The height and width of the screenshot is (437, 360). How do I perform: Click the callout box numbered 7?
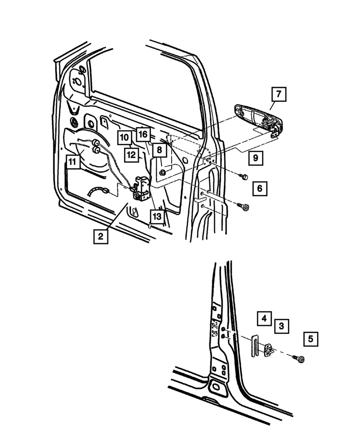[279, 95]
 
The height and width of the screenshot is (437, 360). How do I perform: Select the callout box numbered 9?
[255, 158]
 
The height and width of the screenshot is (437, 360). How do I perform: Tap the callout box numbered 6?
[259, 188]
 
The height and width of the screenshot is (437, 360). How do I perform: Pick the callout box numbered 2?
[101, 237]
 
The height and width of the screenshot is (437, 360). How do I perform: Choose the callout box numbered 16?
[143, 134]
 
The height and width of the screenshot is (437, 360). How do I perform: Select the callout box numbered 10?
[125, 137]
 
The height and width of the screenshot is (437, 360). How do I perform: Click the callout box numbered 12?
[131, 154]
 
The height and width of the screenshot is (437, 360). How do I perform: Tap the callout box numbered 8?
[159, 149]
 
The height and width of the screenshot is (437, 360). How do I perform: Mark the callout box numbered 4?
[264, 318]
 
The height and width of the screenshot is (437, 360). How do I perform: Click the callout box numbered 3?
[281, 326]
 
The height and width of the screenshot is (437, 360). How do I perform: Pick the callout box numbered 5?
[311, 339]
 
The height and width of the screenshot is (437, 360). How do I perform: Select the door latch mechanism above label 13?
[142, 189]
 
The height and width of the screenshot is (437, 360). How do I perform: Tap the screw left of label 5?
[299, 359]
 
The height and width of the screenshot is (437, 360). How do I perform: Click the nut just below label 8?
[163, 173]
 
